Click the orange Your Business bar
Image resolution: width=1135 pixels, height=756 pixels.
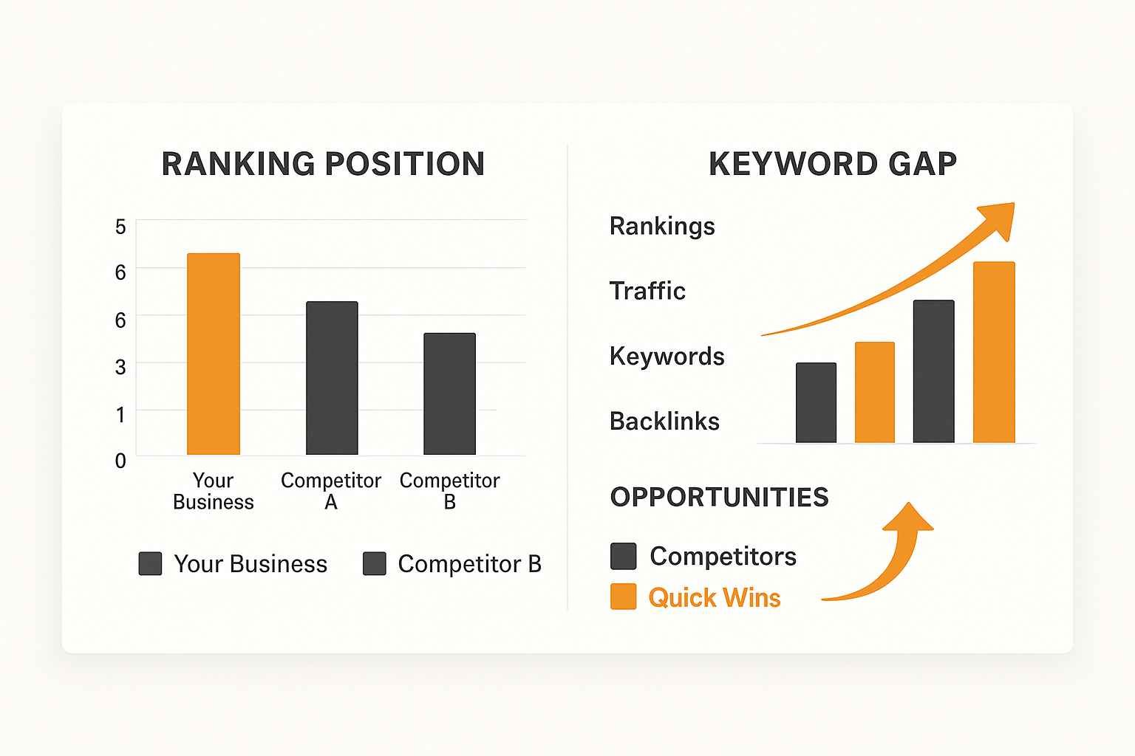(x=214, y=354)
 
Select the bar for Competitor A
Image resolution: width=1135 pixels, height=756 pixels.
(x=332, y=378)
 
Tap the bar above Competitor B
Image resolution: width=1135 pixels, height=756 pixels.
(x=449, y=394)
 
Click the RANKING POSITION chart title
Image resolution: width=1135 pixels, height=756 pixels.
(x=323, y=164)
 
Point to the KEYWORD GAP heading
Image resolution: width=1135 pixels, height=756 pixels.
(x=833, y=164)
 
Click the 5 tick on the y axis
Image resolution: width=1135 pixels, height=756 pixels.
(x=120, y=227)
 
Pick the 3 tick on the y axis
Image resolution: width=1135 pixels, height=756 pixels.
(x=120, y=367)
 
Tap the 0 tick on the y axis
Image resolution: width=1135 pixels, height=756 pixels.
(x=120, y=461)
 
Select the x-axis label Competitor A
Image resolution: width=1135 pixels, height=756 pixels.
(x=331, y=491)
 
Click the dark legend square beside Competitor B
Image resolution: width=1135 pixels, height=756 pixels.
(x=375, y=564)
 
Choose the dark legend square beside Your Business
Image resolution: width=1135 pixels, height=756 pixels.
(x=151, y=564)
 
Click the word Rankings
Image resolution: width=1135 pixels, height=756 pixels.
(x=662, y=226)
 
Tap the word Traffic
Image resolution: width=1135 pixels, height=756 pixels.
(x=647, y=291)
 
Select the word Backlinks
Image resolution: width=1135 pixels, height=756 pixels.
(x=664, y=422)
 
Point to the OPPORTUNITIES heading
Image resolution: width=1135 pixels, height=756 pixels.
(x=719, y=498)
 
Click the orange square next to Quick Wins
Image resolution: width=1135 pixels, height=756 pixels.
(x=624, y=597)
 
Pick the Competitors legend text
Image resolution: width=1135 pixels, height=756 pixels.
(x=723, y=556)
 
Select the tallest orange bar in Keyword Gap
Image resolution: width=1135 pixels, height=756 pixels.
(x=994, y=352)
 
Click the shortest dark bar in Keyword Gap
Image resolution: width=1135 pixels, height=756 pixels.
(x=816, y=402)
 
